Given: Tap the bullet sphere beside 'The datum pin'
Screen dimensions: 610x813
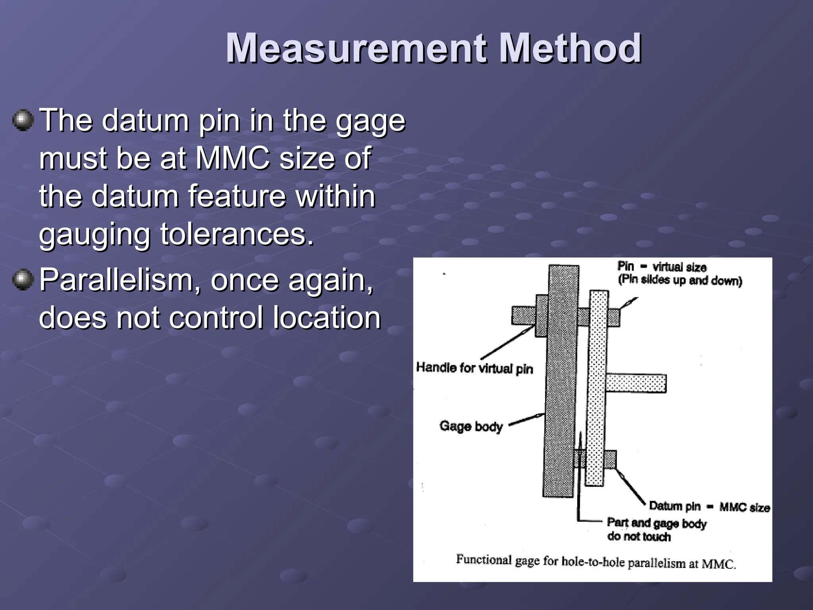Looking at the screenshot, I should click(x=23, y=120).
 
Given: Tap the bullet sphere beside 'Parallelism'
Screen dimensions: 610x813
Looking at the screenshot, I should click(x=23, y=280).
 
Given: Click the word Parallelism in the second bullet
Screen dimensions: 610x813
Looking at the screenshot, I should click(x=121, y=280).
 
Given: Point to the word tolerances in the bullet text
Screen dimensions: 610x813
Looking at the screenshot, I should click(x=237, y=234).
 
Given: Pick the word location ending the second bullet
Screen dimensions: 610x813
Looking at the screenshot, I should click(x=326, y=318).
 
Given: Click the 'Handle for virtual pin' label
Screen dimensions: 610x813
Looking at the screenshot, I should click(x=474, y=368).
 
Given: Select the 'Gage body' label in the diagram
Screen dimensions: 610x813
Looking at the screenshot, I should click(x=471, y=426).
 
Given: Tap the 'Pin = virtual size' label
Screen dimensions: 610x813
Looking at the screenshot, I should click(x=662, y=267).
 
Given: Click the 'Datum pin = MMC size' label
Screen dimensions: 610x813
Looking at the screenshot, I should click(x=709, y=507).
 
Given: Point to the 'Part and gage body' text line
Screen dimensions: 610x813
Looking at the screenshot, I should click(x=657, y=523).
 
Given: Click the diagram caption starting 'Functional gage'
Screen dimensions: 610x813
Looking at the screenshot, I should click(x=595, y=562).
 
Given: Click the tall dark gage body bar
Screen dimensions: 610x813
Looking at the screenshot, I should click(x=560, y=381).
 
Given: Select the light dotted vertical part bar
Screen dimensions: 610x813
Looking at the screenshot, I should click(x=597, y=389).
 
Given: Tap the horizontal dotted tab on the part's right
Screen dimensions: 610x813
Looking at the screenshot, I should click(x=636, y=383).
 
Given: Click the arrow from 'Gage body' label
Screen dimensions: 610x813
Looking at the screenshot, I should click(x=526, y=419).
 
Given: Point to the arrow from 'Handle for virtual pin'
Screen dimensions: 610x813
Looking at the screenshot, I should click(x=507, y=343).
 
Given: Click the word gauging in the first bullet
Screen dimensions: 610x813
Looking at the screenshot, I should click(x=94, y=235).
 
